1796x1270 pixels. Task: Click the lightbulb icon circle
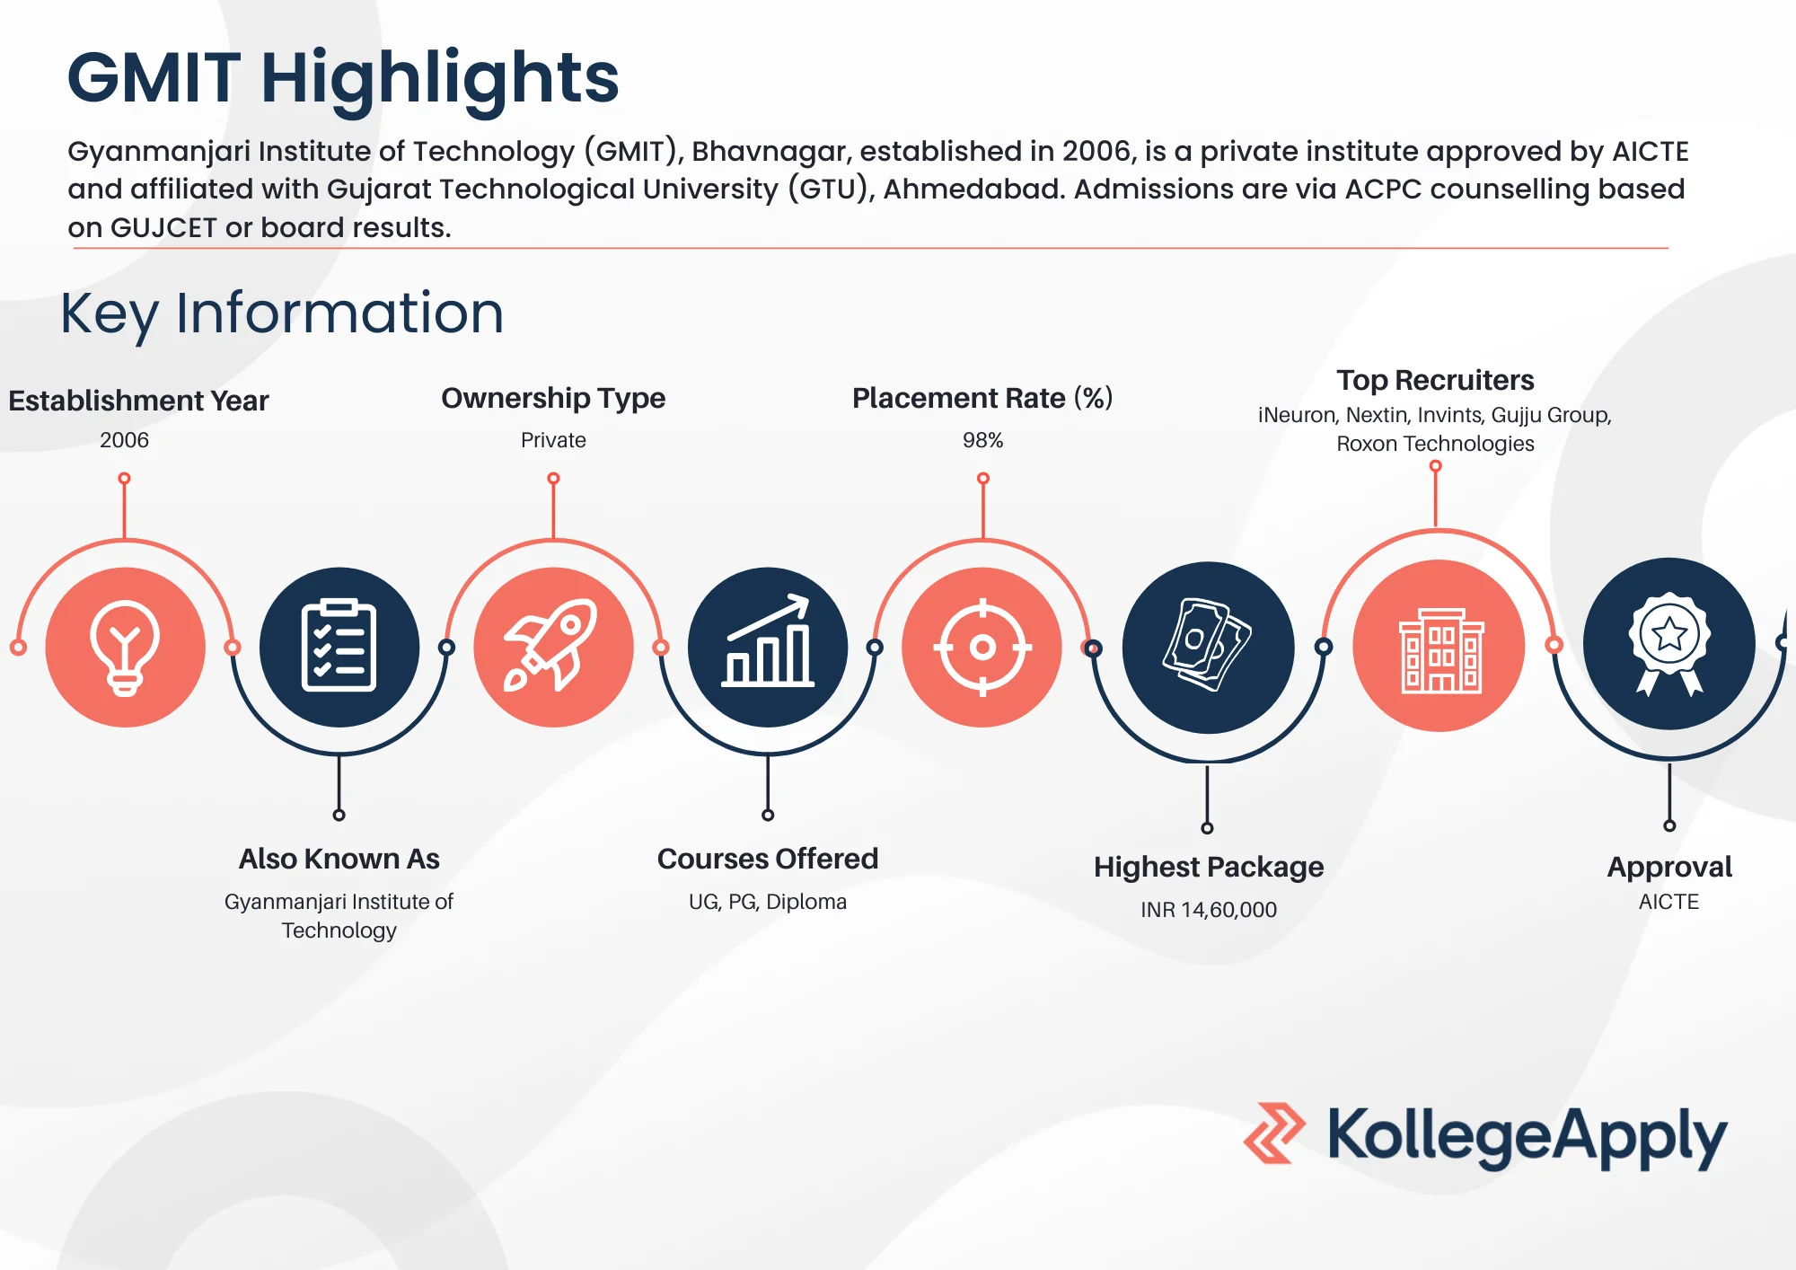(x=125, y=647)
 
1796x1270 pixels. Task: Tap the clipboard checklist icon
(x=339, y=647)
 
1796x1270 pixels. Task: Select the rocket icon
(x=553, y=647)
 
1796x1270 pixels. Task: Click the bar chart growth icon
(x=768, y=647)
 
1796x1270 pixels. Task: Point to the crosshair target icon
(x=982, y=647)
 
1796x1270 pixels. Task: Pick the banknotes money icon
(x=1208, y=647)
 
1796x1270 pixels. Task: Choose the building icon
(x=1439, y=647)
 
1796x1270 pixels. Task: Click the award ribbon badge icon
(x=1668, y=643)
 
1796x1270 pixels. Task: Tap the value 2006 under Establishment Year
(x=124, y=440)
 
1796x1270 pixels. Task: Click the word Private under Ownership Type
(x=553, y=440)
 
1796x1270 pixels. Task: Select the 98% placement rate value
(x=982, y=440)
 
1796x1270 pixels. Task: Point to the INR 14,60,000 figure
(x=1209, y=910)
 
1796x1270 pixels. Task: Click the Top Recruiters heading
(x=1435, y=380)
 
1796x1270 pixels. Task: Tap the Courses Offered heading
(x=768, y=859)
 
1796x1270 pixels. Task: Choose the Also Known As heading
(x=339, y=859)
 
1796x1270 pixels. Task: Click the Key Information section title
(x=282, y=313)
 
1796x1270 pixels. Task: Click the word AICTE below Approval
(x=1668, y=902)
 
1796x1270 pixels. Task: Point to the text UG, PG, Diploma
(x=768, y=902)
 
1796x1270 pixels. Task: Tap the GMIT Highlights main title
(x=343, y=78)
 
